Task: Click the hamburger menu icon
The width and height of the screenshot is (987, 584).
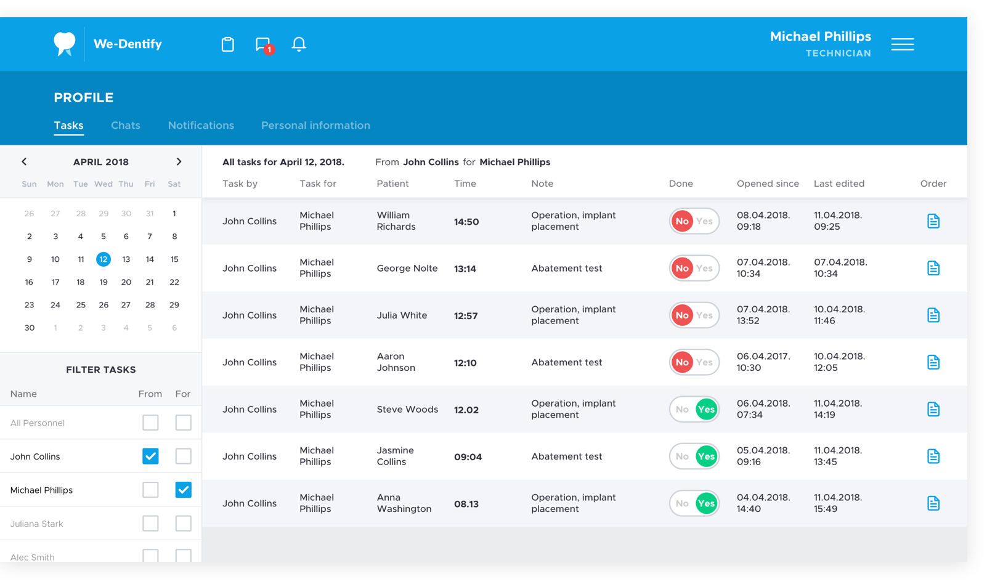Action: (903, 44)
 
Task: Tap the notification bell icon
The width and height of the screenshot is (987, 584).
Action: (299, 44)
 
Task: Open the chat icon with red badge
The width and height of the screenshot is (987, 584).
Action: (264, 45)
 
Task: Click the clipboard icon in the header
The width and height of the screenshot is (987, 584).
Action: (228, 44)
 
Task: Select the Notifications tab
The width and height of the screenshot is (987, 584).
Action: (201, 125)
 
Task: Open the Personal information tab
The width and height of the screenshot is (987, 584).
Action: (315, 125)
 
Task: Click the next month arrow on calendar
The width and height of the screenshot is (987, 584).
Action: (179, 161)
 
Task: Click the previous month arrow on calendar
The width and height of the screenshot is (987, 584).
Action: (24, 161)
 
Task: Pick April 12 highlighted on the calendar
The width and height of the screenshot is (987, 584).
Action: (103, 259)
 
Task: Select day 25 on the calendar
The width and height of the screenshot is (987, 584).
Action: (81, 305)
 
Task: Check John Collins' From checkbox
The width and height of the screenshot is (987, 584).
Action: (150, 456)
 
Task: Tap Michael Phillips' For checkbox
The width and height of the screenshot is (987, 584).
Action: (184, 490)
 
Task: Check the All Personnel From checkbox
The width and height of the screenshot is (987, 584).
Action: (150, 423)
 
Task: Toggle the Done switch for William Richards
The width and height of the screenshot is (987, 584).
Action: (694, 221)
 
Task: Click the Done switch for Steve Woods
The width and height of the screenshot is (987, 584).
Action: (694, 409)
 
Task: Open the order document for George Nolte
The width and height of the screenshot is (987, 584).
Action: (933, 268)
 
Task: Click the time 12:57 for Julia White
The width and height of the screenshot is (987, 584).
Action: (466, 315)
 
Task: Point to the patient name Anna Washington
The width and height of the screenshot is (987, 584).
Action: (404, 503)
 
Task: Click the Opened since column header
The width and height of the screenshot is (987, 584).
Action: (768, 183)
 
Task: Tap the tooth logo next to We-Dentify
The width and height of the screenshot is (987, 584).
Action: (64, 44)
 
